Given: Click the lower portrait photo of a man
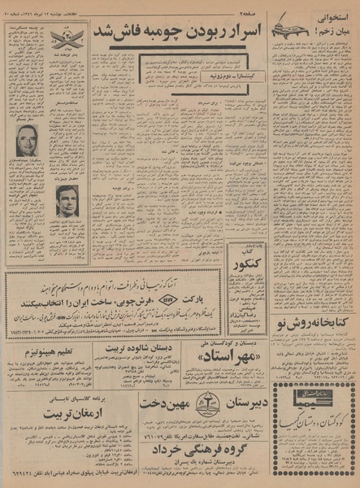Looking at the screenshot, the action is pos(66,200).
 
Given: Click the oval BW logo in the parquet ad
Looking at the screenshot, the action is pos(167,299).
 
